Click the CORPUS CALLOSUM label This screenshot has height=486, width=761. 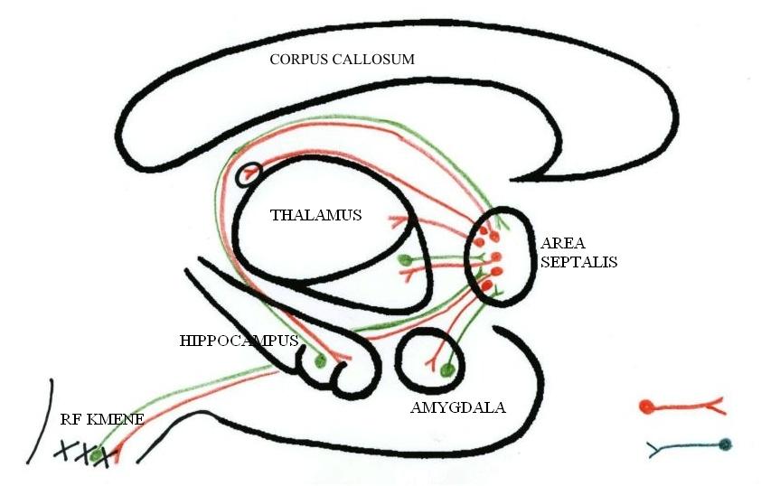pos(342,60)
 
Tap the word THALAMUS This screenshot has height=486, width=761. pos(315,215)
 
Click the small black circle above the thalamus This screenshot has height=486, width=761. pos(249,173)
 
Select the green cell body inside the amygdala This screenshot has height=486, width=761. pos(446,369)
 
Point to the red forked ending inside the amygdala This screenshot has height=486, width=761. pos(439,354)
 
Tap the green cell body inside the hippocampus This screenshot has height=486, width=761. pos(319,362)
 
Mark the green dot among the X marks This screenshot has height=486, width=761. pos(96,455)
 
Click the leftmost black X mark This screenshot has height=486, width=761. pos(64,450)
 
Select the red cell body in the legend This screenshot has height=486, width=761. pos(646,407)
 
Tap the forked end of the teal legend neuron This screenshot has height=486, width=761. pos(653,447)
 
